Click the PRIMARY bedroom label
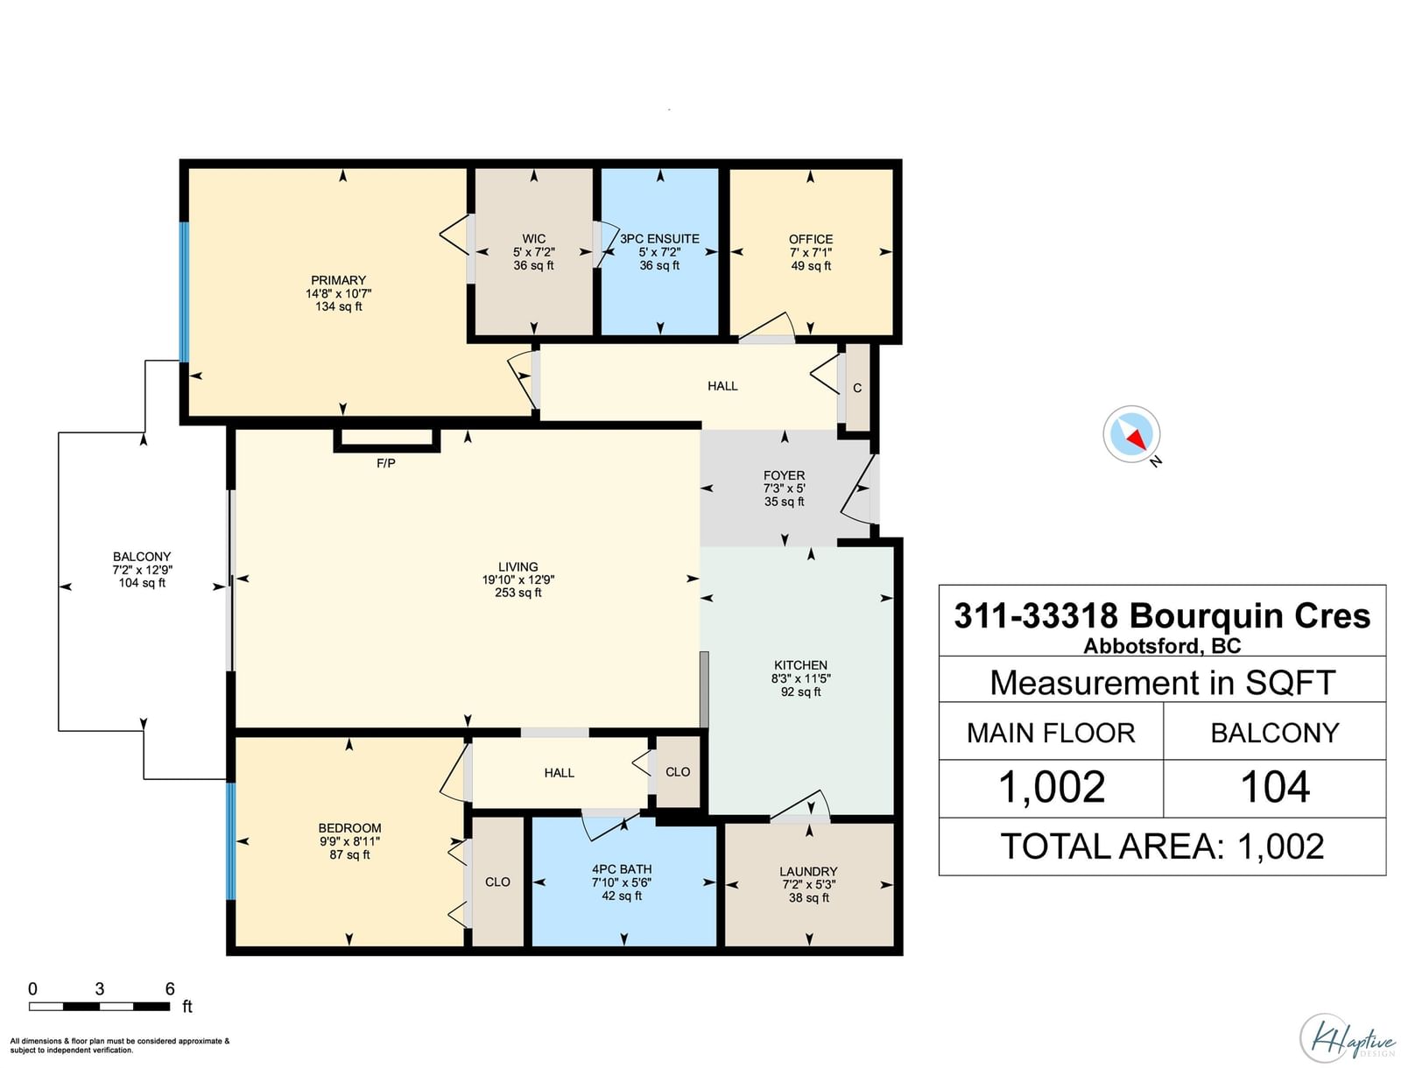point(338,280)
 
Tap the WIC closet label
point(533,239)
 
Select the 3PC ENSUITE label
point(659,239)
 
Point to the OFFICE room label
point(811,239)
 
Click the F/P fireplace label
point(385,463)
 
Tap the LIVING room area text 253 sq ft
point(518,593)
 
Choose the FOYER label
point(784,475)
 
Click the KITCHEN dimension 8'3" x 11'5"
point(800,678)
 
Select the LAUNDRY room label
point(808,872)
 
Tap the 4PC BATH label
point(622,869)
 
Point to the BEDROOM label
point(349,828)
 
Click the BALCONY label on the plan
point(142,557)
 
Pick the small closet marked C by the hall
point(857,388)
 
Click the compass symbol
point(1131,434)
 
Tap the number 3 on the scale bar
point(100,989)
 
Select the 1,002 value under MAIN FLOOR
point(1052,787)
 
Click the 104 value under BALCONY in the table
point(1275,787)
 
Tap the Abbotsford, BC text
point(1162,646)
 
